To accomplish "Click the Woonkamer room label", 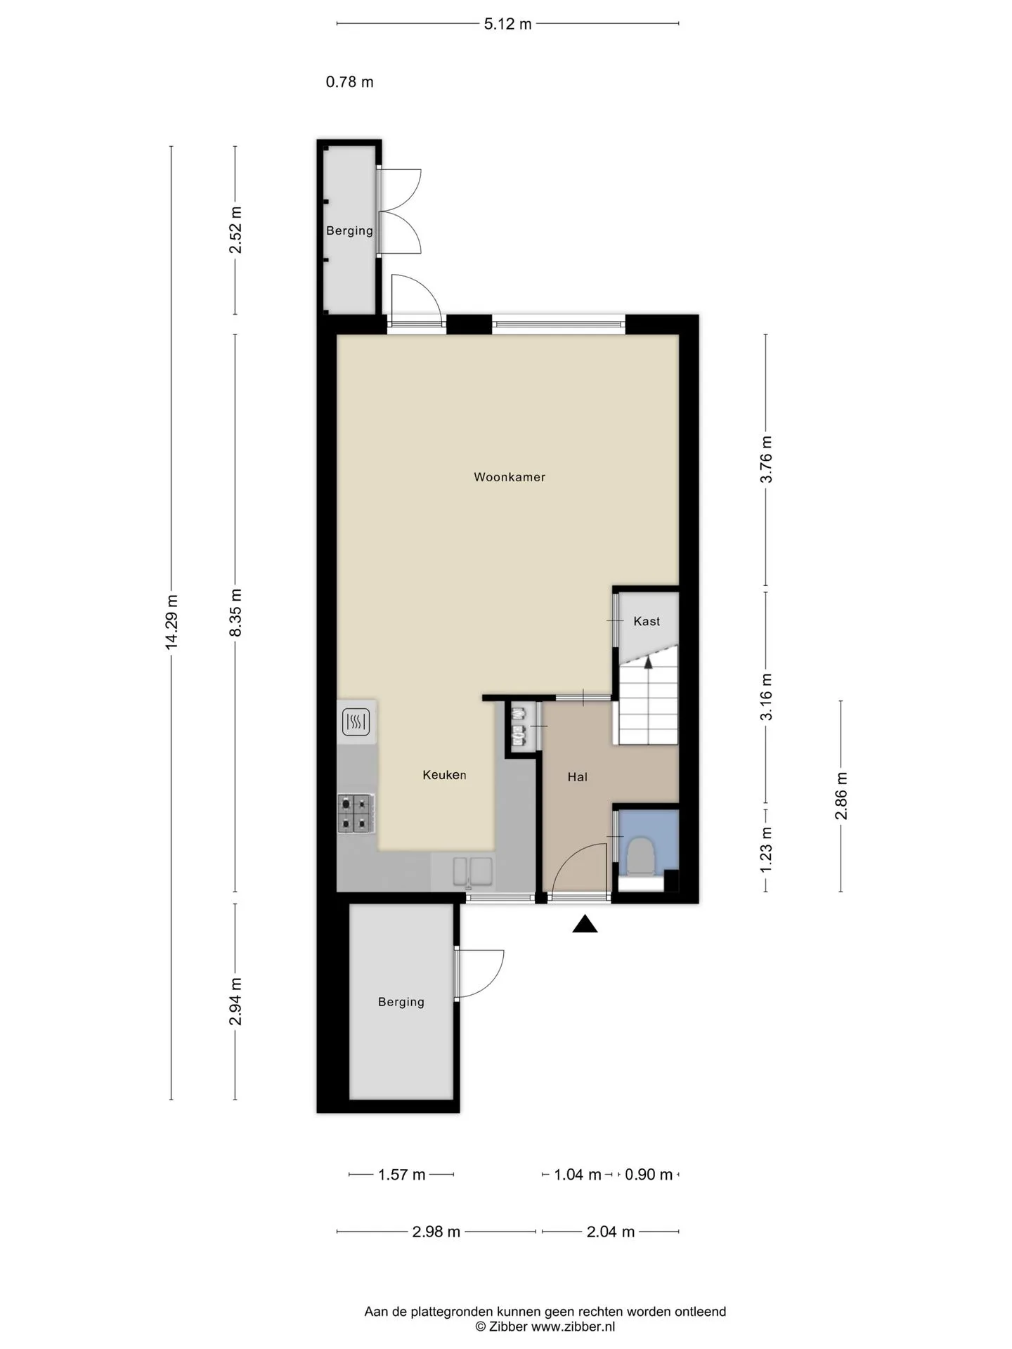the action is pos(510,477).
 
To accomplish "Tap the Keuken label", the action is pos(444,775).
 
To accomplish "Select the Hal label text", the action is pos(577,776).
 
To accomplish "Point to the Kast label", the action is pos(647,621).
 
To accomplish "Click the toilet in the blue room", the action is pos(640,856).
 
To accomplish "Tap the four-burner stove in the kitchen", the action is pos(356,814).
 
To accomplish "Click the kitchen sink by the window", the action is pos(473,872).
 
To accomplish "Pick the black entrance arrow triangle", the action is pos(585,925).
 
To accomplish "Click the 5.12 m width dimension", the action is pos(507,24).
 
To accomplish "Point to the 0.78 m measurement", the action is pos(349,82).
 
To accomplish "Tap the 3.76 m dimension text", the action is pos(766,459).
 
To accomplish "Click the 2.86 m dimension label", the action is pos(841,795).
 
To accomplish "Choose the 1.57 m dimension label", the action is pos(401,1175).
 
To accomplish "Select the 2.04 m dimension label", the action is pos(610,1232).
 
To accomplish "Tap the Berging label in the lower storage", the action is pos(401,1002).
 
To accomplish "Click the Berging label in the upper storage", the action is pos(349,230).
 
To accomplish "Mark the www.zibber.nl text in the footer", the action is pos(573,1327).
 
